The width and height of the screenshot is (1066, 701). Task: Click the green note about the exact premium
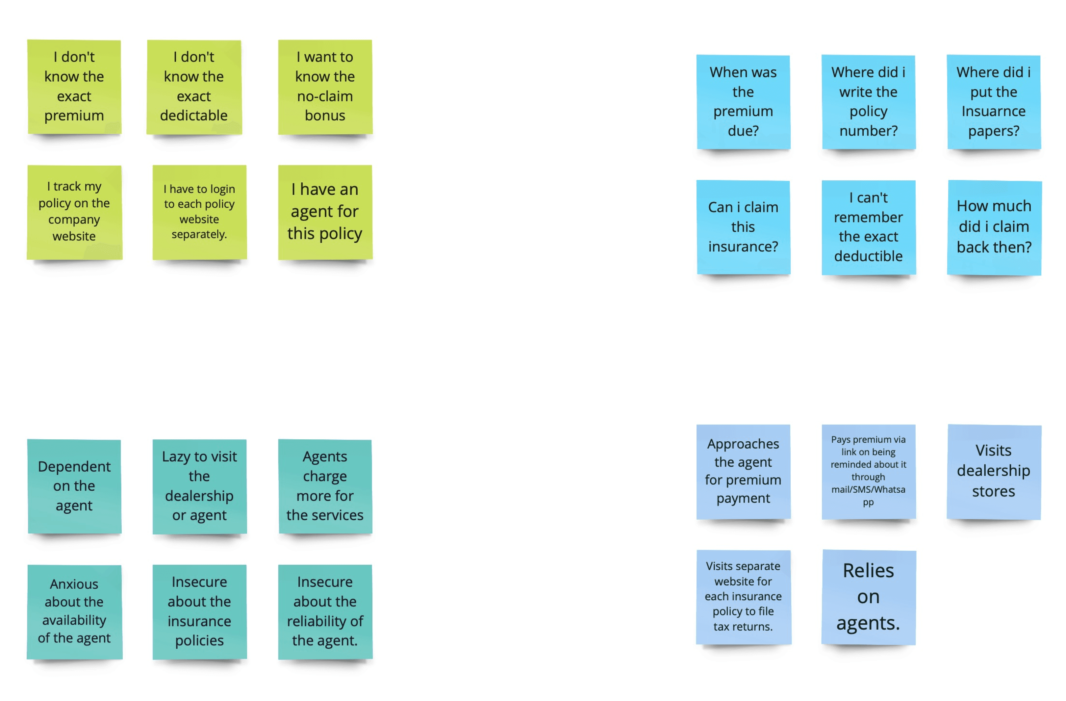click(x=74, y=87)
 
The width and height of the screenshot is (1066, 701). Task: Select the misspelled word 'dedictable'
click(x=193, y=116)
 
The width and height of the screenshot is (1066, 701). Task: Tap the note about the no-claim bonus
click(x=325, y=87)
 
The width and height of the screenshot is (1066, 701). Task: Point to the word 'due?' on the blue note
click(x=743, y=131)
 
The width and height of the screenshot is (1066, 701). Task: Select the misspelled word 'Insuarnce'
click(x=993, y=111)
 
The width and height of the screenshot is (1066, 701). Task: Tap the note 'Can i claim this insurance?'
click(x=743, y=227)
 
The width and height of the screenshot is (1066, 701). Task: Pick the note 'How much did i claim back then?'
click(x=994, y=227)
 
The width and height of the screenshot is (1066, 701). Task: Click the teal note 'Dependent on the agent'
click(x=74, y=486)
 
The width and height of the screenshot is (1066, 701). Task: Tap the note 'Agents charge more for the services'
click(x=325, y=486)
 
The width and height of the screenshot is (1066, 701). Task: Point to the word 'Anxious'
click(x=74, y=584)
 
